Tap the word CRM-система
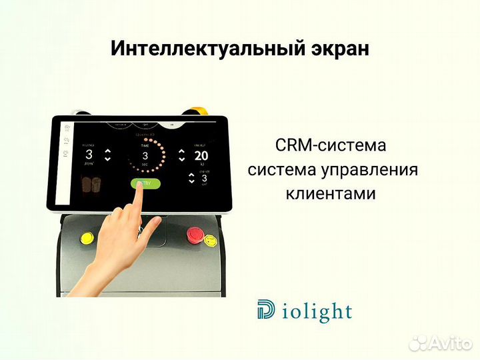point(330,145)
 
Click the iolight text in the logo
point(315,311)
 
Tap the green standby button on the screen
point(144,183)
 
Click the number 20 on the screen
point(201,156)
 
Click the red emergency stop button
point(195,234)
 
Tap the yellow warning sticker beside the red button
point(211,239)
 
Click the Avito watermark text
point(448,343)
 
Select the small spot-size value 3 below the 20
point(204,179)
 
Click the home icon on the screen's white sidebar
point(66,126)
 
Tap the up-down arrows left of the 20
point(181,155)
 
